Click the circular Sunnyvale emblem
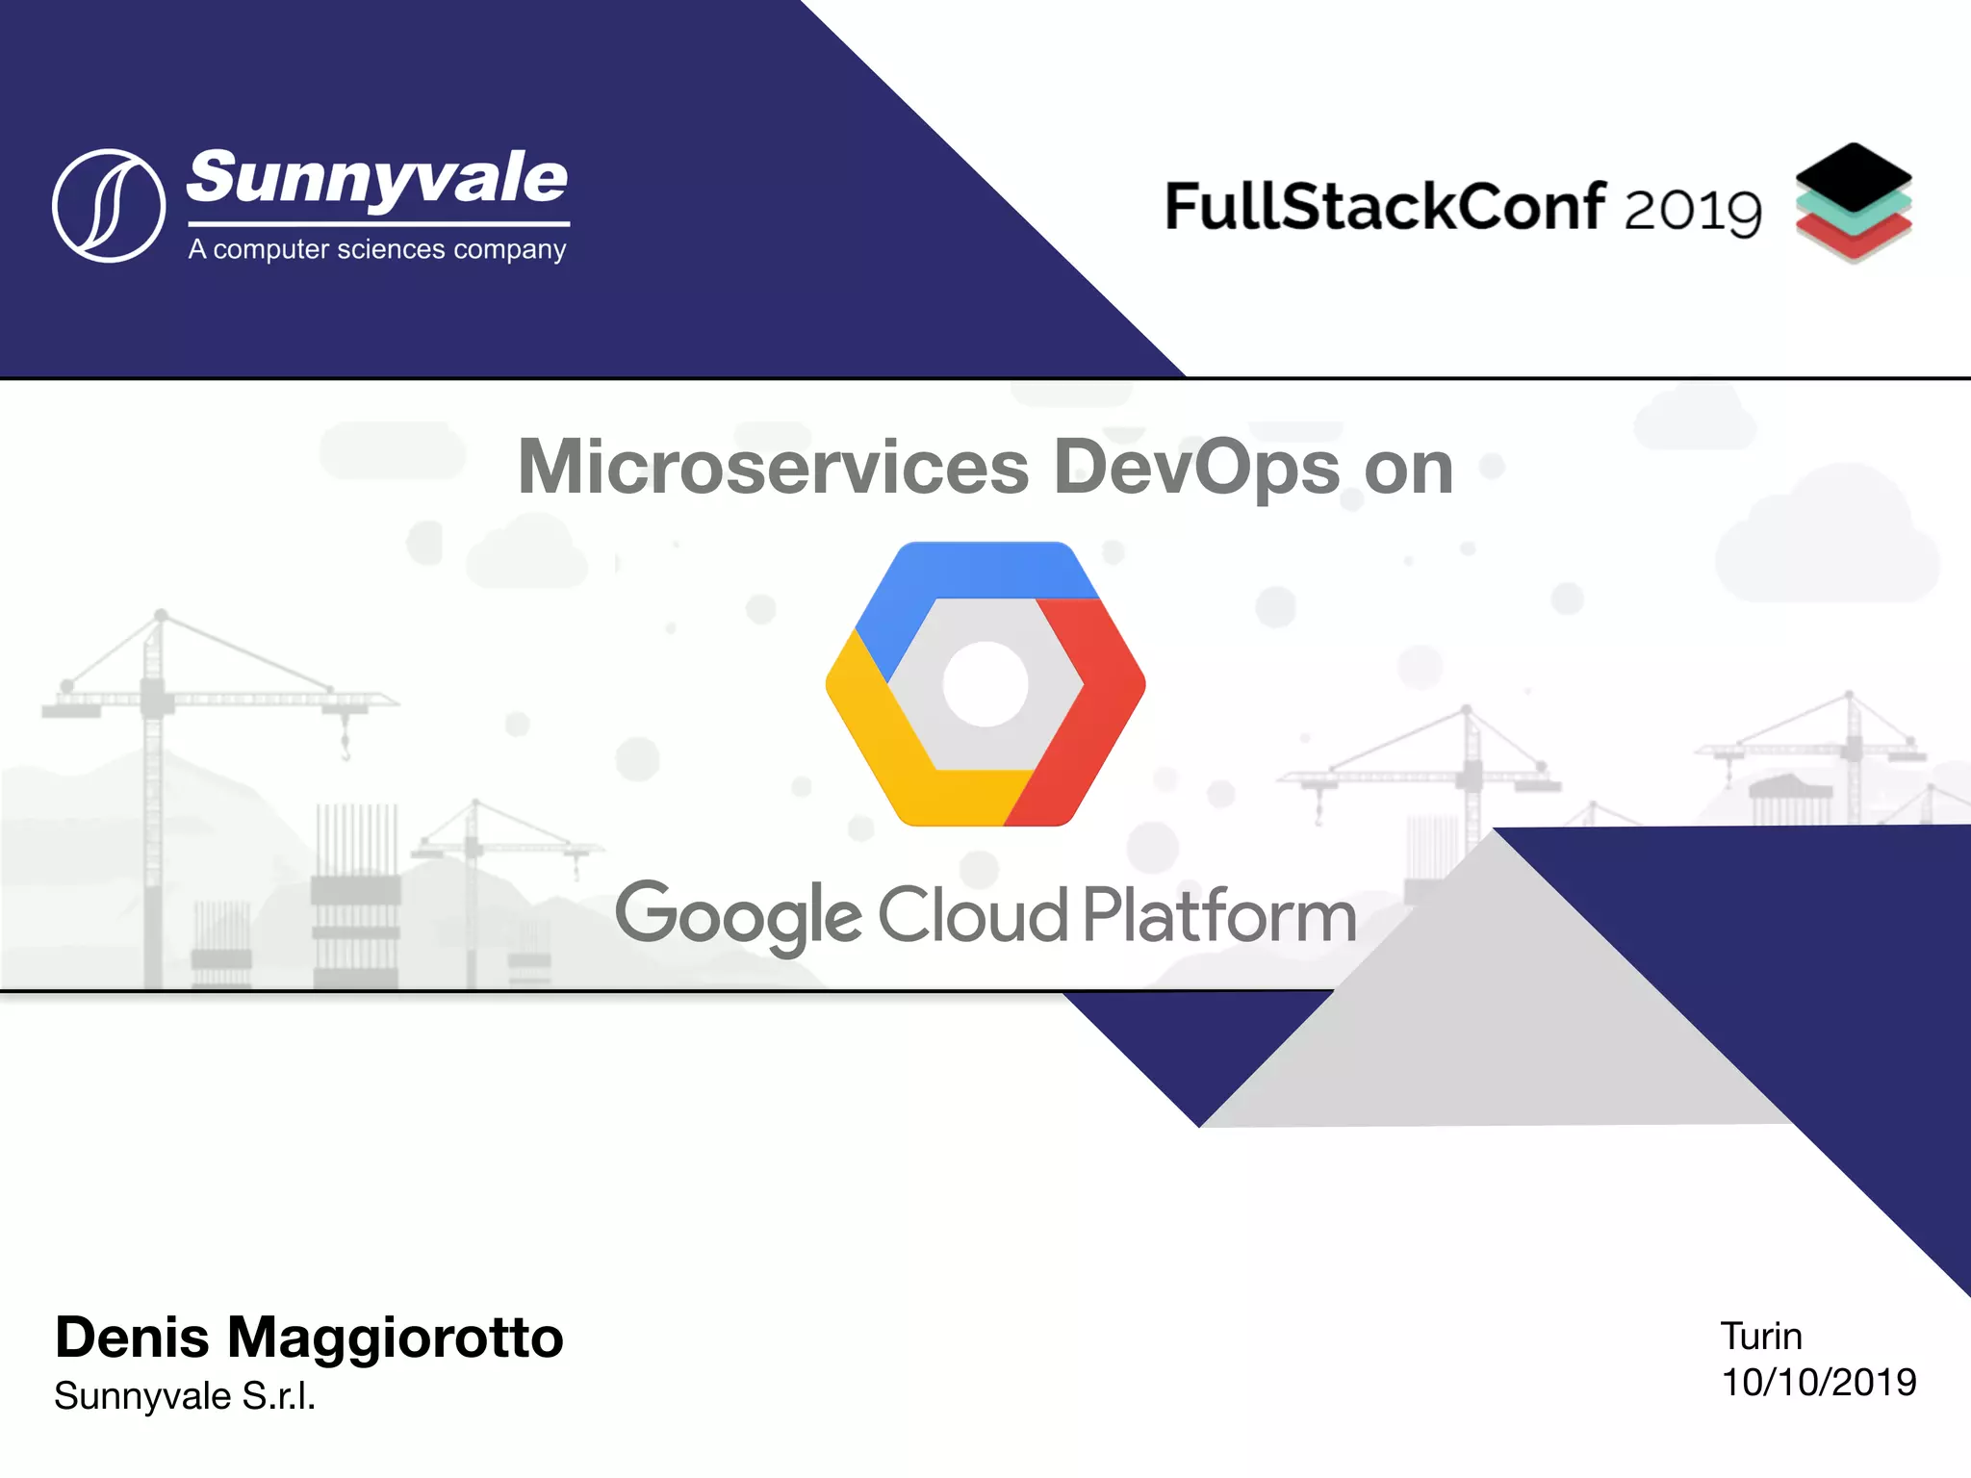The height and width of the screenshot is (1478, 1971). click(109, 205)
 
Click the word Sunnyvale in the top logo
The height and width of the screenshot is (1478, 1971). click(377, 179)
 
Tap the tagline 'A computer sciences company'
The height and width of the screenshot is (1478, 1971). click(377, 249)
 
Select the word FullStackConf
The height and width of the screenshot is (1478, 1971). click(1384, 207)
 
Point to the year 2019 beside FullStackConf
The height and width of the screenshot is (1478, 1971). click(1693, 210)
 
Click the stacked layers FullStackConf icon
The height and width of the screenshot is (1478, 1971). click(1853, 203)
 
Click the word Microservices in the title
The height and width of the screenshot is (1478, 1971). click(774, 468)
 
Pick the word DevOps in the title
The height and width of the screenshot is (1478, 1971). click(1196, 468)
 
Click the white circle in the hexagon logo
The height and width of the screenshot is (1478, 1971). click(985, 684)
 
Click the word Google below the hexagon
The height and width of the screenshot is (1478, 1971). click(738, 917)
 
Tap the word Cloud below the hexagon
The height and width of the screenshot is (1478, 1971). click(972, 914)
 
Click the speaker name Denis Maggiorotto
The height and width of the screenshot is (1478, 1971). click(309, 1338)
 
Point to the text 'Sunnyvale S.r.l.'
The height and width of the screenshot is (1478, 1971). click(185, 1396)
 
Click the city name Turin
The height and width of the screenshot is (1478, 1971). click(1760, 1337)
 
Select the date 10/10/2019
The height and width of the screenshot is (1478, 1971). click(1818, 1383)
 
